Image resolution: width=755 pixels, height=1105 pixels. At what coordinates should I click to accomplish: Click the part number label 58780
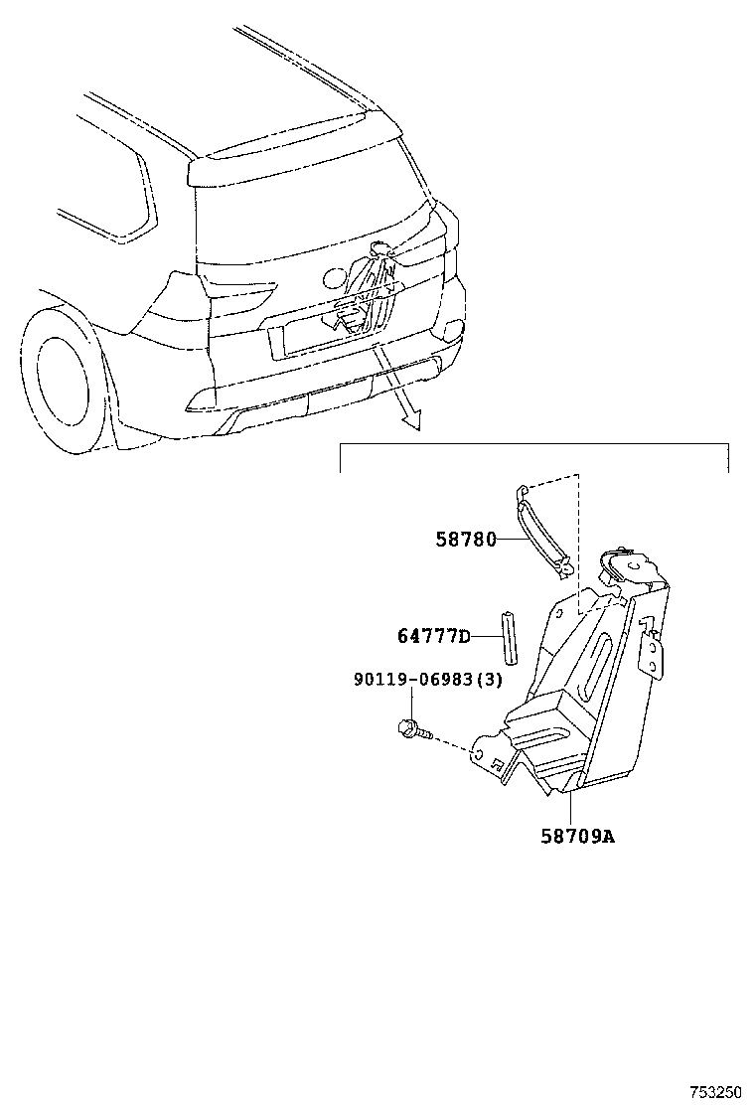pyautogui.click(x=466, y=540)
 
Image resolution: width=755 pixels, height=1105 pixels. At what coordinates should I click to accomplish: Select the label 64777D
pyautogui.click(x=434, y=636)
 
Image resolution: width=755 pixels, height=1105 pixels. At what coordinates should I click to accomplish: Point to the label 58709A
pyautogui.click(x=578, y=837)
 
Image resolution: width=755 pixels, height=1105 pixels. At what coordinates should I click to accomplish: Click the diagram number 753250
pyautogui.click(x=715, y=1092)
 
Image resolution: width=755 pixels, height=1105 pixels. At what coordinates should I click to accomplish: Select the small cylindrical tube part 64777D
pyautogui.click(x=510, y=637)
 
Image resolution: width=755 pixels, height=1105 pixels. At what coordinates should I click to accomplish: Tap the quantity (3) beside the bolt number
pyautogui.click(x=490, y=680)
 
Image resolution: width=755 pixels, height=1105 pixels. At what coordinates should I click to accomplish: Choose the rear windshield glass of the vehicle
pyautogui.click(x=310, y=212)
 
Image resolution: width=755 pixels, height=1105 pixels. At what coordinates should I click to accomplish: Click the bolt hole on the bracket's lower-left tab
pyautogui.click(x=478, y=753)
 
